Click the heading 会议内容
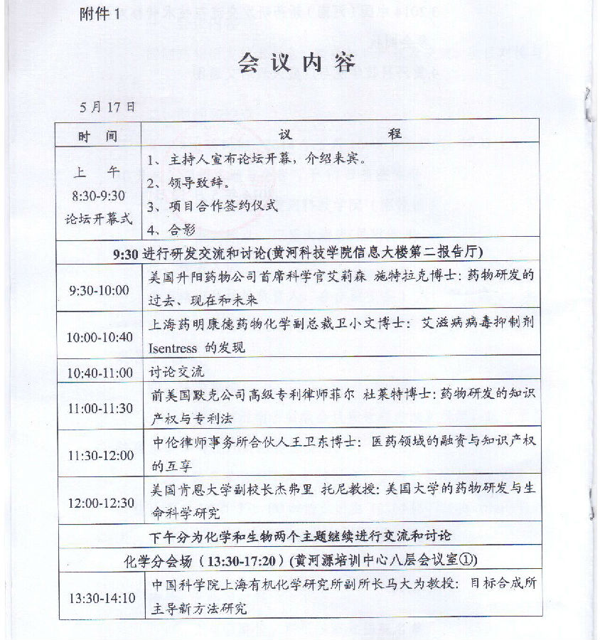pos(296,63)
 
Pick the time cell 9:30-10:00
pos(99,290)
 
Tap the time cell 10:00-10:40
pos(99,336)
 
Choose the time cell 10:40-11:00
pos(99,373)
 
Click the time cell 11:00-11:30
pos(99,407)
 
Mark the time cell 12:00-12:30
pos(99,502)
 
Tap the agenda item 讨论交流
pos(171,373)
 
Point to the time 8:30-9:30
pos(98,195)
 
